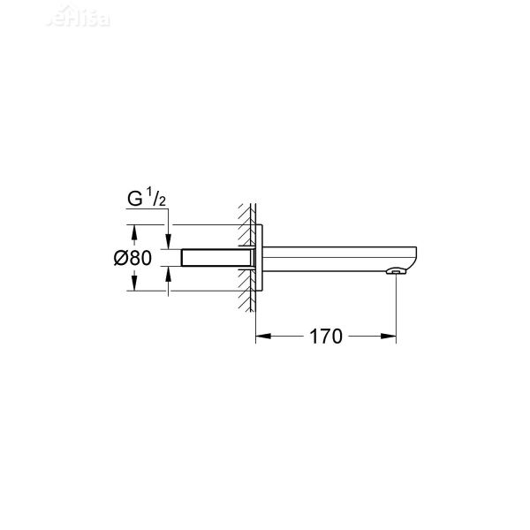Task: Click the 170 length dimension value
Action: (326, 337)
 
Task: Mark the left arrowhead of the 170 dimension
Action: (261, 337)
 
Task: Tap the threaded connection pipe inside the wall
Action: (216, 259)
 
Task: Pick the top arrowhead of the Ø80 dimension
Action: (133, 231)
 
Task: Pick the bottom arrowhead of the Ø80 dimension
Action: (133, 286)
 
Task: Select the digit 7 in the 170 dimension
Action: (326, 337)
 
